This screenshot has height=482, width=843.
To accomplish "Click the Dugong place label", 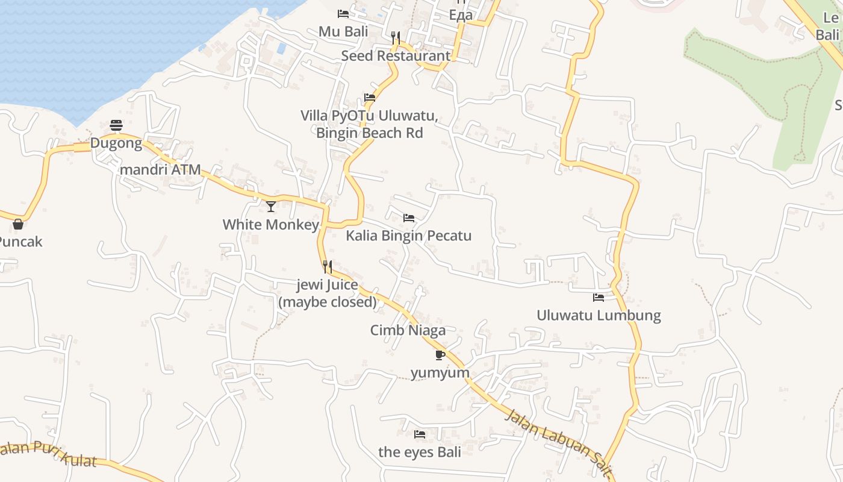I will coord(116,143).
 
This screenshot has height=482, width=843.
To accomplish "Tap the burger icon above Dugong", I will coord(116,125).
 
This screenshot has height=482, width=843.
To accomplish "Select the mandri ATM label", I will coord(160,169).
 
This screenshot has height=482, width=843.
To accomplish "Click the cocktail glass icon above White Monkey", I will coord(271,207).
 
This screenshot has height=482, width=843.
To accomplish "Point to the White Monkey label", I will coord(271,225).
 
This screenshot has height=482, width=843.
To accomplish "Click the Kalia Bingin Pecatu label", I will coord(408,236).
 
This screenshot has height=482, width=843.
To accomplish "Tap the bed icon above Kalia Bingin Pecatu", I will coord(409,218).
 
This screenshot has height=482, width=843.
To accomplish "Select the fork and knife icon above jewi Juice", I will coord(328,266).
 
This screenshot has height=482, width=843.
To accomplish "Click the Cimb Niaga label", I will coord(408,330).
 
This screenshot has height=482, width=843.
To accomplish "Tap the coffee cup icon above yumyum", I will coord(440,354).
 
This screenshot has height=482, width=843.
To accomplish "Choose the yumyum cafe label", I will coord(440,373).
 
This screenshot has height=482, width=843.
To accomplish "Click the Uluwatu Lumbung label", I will coord(599,315).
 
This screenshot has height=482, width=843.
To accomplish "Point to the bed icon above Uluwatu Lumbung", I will coord(599,297).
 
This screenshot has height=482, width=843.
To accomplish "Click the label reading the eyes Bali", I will coord(420,452).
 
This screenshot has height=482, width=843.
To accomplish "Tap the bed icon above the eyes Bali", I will coord(420,434).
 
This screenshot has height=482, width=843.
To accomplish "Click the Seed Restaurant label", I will coord(396,56).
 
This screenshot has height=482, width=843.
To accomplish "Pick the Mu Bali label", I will coord(343,31).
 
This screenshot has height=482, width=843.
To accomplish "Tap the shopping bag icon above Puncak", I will coord(18,224).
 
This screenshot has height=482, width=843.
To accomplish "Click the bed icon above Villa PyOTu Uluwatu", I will coord(370,98).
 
